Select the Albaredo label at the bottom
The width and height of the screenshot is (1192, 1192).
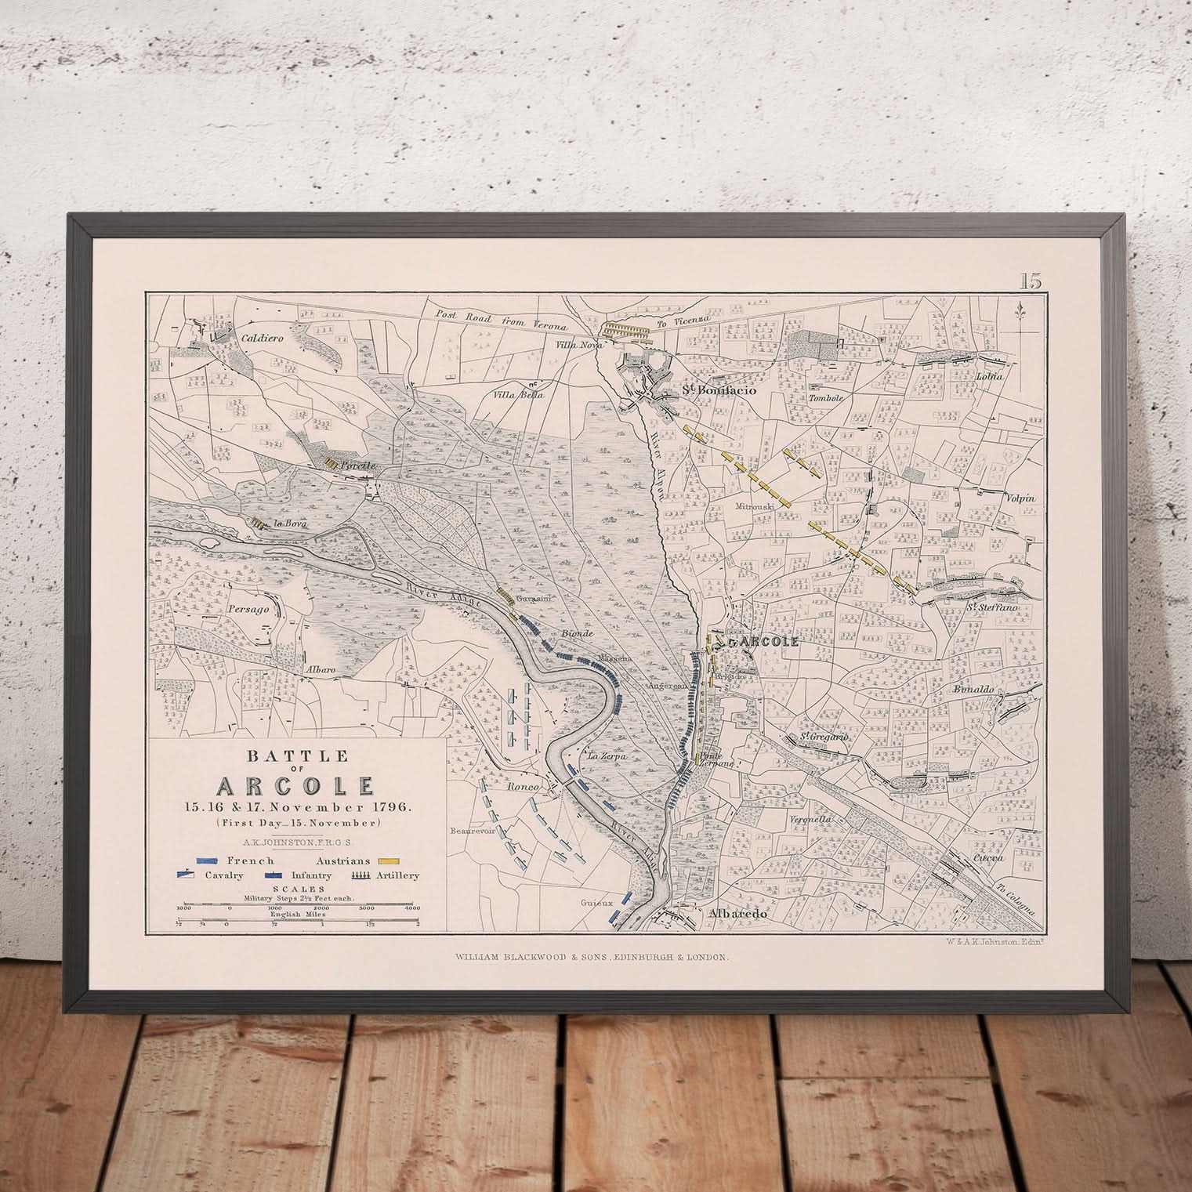(x=716, y=914)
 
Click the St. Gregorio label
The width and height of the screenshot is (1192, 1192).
(x=824, y=737)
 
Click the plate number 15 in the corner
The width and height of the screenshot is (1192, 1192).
(x=1031, y=281)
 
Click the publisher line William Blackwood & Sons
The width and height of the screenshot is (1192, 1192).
(x=592, y=957)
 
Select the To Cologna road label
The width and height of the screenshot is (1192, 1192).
(x=1018, y=901)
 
